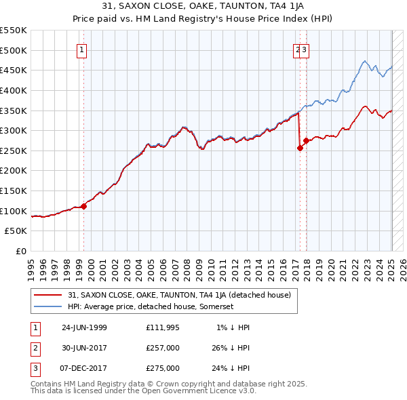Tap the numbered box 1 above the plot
point(81,49)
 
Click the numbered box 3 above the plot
point(305,49)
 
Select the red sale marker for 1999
point(84,206)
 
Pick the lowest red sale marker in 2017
point(300,148)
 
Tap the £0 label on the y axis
point(20,251)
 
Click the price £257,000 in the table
point(162,348)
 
